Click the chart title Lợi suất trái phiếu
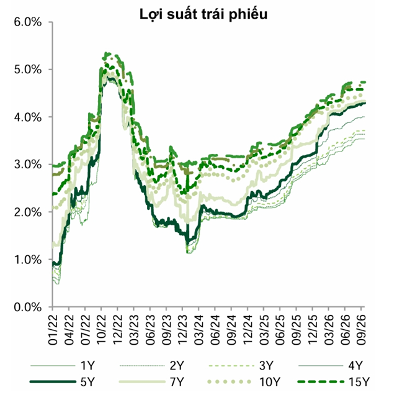203,14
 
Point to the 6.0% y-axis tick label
27,22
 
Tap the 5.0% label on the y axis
27,70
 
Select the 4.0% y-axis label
27,117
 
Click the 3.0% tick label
27,165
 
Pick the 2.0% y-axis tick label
27,212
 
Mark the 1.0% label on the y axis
27,260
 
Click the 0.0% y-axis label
27,307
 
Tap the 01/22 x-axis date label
53,330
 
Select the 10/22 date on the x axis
102,330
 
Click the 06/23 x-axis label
150,330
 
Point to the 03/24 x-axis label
198,330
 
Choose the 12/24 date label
248,330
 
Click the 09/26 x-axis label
361,330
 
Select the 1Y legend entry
62,366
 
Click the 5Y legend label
62,381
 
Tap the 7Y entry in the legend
151,381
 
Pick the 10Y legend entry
244,381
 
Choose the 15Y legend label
334,381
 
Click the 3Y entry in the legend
241,366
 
